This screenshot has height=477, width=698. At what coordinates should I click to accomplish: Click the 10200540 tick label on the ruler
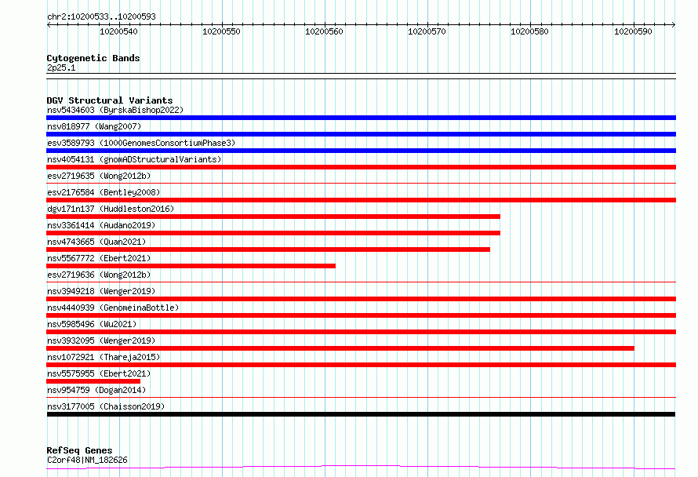tap(118, 31)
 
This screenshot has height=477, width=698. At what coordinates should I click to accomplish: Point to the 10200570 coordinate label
tap(427, 31)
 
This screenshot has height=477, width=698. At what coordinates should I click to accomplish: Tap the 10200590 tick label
tap(633, 31)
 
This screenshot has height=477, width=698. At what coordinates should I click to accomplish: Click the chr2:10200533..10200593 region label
tap(101, 16)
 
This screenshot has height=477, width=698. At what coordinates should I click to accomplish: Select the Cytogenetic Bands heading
tap(93, 58)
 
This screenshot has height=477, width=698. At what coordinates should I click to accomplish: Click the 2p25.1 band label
tap(61, 67)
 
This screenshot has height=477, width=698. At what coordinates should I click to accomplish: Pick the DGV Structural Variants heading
tap(110, 100)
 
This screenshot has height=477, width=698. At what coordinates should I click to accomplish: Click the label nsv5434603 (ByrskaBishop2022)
tap(115, 110)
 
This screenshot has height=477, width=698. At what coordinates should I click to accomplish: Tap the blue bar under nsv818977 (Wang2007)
tap(361, 134)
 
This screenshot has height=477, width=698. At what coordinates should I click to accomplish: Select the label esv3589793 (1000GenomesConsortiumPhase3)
tap(141, 143)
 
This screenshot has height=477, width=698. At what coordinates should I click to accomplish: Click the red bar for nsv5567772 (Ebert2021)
tap(191, 266)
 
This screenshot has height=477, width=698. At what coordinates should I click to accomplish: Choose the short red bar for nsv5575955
tap(93, 381)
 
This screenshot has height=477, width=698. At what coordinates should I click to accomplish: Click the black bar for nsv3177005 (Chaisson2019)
tap(361, 414)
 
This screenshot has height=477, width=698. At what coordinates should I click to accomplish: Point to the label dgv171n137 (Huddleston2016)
tap(111, 209)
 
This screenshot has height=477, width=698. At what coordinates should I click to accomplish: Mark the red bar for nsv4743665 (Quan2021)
tap(268, 249)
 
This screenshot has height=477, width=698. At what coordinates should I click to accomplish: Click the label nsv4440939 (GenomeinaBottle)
tap(113, 308)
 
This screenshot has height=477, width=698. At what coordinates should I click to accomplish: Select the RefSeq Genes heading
tap(79, 450)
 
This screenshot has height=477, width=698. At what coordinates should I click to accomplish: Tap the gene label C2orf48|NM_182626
tap(87, 460)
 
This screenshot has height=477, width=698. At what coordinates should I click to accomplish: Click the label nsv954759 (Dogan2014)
tap(96, 390)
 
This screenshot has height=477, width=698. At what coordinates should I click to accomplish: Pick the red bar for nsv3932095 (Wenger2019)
tap(340, 348)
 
